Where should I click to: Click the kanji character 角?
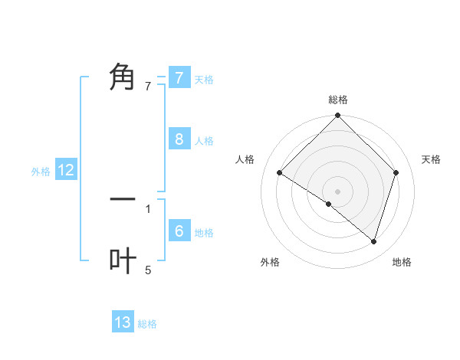(123, 77)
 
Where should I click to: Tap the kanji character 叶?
(123, 260)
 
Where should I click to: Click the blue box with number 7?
(179, 77)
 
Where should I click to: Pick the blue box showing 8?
(179, 139)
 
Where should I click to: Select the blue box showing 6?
(179, 231)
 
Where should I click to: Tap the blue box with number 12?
(66, 170)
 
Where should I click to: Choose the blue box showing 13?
(123, 322)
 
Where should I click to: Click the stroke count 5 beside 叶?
(148, 270)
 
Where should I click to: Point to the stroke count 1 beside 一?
(148, 208)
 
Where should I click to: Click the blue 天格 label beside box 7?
(204, 79)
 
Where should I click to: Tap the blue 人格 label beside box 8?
(204, 140)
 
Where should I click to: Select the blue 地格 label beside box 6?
(204, 232)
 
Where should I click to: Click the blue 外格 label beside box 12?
(41, 172)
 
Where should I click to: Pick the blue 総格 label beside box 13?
(147, 324)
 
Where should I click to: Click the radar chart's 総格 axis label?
(338, 100)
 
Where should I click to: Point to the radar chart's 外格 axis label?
(270, 262)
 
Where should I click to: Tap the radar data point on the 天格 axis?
(396, 172)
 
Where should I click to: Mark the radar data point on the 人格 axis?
(280, 172)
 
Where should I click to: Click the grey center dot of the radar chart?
(338, 191)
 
